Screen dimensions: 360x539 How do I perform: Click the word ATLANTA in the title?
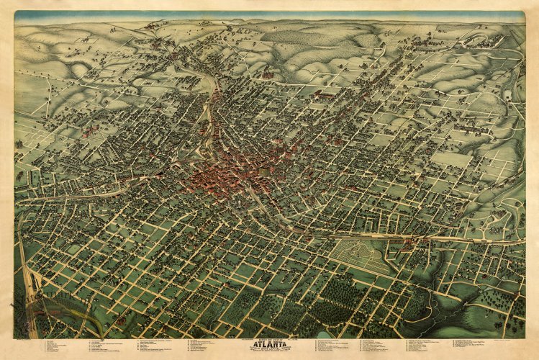pos(270,343)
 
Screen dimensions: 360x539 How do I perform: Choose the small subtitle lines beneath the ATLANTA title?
pos(270,351)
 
